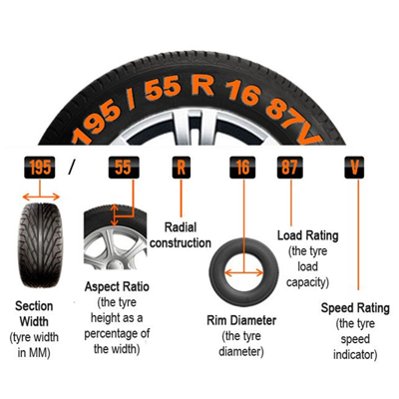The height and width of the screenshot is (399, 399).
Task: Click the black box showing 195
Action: coord(40,168)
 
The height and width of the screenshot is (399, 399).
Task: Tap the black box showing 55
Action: coord(124,168)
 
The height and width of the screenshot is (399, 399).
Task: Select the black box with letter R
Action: coord(182,168)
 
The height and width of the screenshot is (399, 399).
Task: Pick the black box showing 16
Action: coord(242,168)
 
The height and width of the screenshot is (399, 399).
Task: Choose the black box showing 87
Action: coord(290,168)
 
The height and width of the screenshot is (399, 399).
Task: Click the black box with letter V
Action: coord(354,168)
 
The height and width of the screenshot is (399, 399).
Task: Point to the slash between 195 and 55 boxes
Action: coord(72,168)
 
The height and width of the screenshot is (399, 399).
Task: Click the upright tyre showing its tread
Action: coord(40,245)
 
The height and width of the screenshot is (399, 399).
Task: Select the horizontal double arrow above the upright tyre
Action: coord(41,198)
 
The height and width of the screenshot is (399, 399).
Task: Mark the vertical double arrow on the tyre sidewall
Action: coord(115,215)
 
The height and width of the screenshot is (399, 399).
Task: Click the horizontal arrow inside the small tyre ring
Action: coord(244,273)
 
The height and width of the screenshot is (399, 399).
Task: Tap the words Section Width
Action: coord(34,314)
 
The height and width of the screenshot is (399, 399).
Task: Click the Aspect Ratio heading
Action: coord(117,287)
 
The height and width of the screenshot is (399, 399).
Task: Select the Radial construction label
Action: coord(181,235)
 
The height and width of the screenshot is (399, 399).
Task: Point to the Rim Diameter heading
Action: coord(241,321)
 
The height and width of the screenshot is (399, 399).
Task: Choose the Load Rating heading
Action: coord(308,235)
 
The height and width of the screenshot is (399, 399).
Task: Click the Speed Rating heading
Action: coord(355,308)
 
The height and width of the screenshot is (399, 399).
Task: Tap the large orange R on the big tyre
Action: coord(201,87)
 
